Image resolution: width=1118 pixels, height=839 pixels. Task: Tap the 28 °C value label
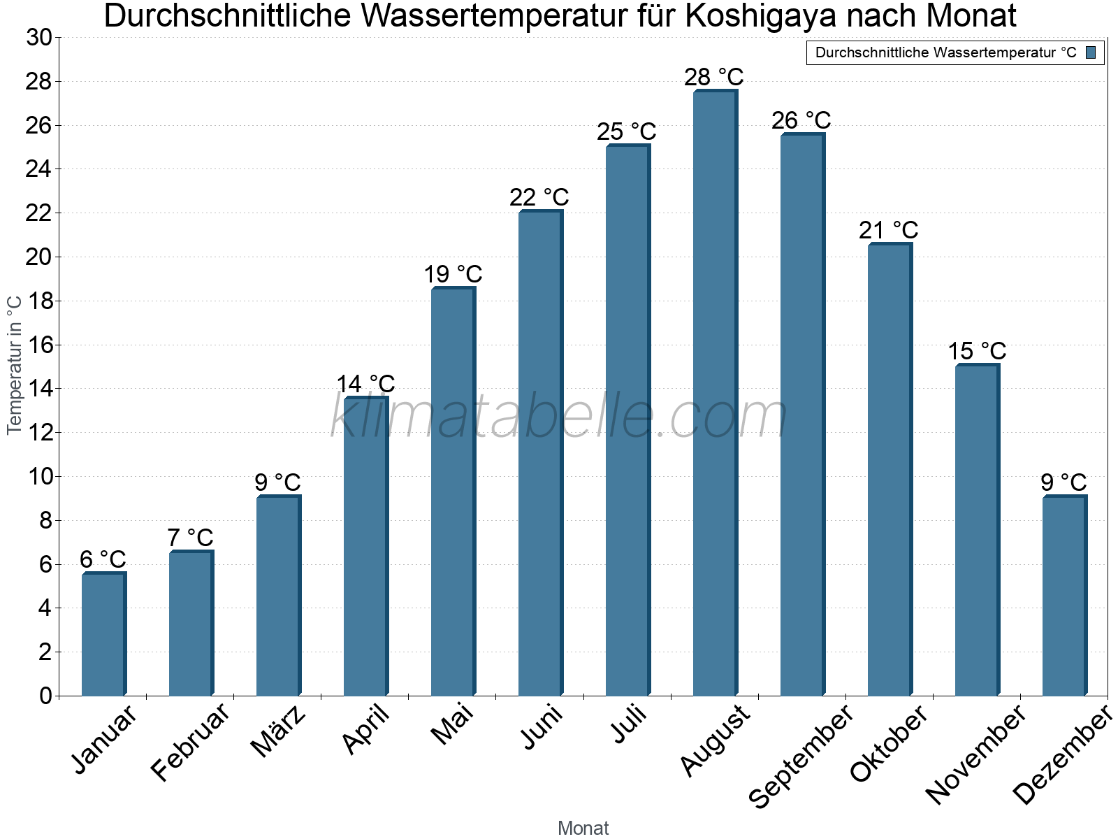coord(713,77)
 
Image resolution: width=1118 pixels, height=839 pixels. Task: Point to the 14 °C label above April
coord(365,384)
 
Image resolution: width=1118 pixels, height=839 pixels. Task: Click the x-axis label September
coord(801,755)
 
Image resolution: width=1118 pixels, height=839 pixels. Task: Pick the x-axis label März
coord(278,731)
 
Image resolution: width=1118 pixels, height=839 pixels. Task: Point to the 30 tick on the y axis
coord(39,38)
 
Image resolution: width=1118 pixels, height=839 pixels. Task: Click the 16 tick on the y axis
coord(39,345)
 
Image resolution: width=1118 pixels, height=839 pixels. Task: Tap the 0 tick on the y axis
coord(45,696)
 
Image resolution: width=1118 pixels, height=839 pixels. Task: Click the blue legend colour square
coord(1091,52)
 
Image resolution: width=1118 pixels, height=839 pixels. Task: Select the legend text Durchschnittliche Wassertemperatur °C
coord(945,52)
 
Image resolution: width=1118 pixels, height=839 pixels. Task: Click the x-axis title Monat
coord(583,828)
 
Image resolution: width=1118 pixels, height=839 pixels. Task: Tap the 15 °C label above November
coord(976,351)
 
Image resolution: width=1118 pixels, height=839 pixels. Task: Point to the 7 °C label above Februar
coord(190,538)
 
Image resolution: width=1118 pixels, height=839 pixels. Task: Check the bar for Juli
coord(627,419)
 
